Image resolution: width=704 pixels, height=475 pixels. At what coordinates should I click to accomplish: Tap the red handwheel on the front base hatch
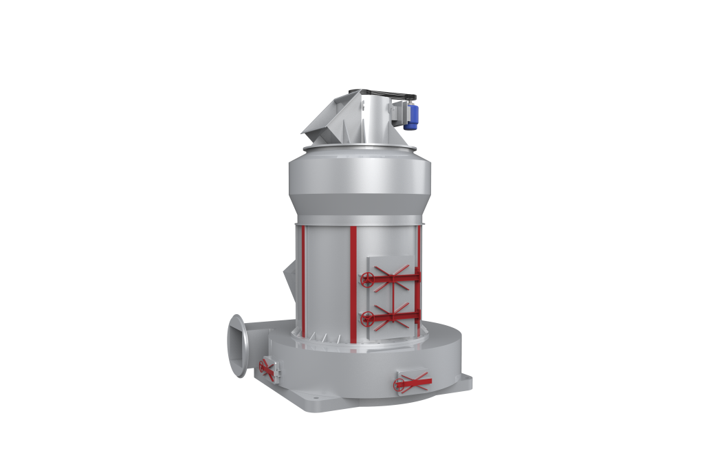coord(401,385)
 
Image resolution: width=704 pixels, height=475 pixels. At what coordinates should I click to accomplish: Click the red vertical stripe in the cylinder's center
coord(353,282)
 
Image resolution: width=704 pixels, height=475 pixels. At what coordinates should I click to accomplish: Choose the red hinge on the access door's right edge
coord(417,296)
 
